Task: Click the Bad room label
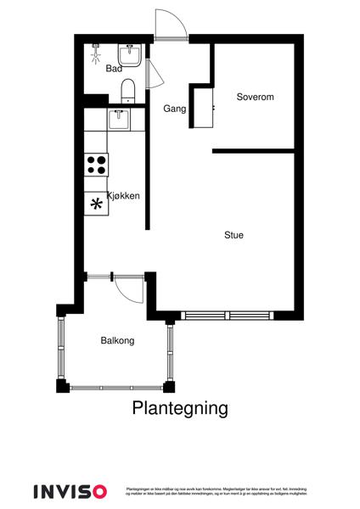click(114, 69)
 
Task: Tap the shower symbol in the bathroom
click(97, 53)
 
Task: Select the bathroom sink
click(132, 54)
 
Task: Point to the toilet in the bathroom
click(128, 90)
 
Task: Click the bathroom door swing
click(152, 74)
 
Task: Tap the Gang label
click(175, 108)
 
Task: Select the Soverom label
click(255, 97)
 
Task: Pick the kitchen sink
click(119, 119)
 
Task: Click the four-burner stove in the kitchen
click(96, 163)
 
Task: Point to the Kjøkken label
click(122, 196)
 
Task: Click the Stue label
click(233, 235)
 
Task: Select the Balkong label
click(117, 340)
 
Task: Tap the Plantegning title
click(180, 408)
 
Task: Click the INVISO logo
click(70, 491)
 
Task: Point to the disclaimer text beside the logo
click(216, 491)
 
